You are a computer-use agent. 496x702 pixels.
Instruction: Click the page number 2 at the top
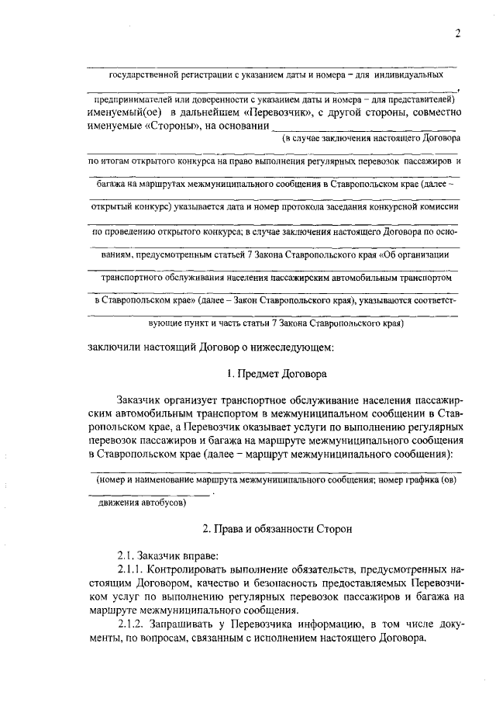(x=458, y=33)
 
